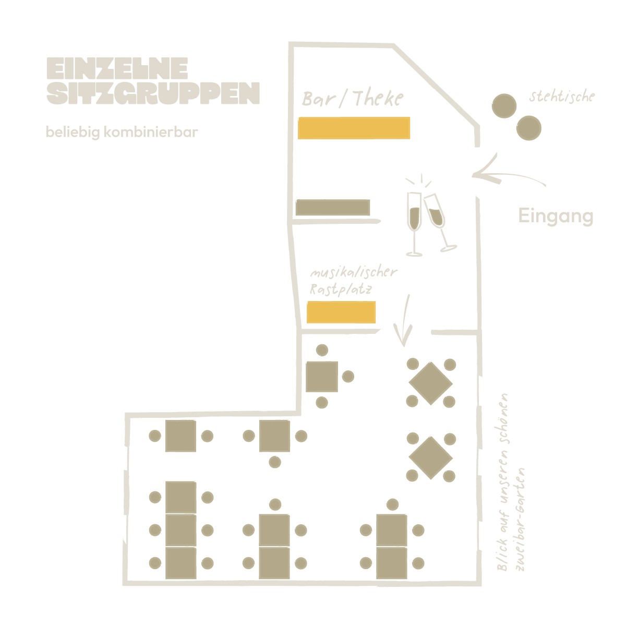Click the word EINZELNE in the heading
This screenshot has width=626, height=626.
point(117,68)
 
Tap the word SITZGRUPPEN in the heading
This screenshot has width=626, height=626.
point(153,93)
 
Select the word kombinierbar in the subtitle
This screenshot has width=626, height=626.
point(151,132)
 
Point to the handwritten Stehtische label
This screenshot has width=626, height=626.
point(562,97)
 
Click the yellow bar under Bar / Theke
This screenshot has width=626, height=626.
point(354,128)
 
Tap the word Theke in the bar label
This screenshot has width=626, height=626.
point(378,98)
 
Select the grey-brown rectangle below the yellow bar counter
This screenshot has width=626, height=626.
point(333,207)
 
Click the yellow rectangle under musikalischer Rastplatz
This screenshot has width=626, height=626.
point(341,312)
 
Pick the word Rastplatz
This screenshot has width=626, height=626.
point(341,289)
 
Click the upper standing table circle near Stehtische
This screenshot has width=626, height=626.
point(504,106)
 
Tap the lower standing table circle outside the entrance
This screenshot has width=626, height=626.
point(529,128)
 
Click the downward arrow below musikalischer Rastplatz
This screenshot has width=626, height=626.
point(404,320)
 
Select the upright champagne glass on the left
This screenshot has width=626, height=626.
point(414,224)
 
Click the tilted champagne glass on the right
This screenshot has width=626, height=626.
point(439,223)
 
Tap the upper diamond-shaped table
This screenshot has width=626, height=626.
point(431,383)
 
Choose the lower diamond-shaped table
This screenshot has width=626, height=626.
point(431,458)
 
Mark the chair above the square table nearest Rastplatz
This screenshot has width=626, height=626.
point(322,350)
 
